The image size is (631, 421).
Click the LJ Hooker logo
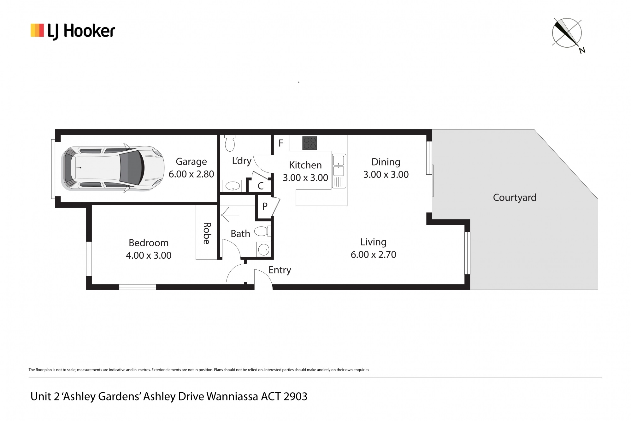point(73,31)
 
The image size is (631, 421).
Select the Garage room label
point(191,161)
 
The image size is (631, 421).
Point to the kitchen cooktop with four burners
point(310,143)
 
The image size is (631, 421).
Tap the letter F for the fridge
point(281,143)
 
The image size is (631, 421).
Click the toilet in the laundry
point(229,143)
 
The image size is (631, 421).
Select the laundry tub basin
point(232,186)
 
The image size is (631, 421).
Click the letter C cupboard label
point(260,186)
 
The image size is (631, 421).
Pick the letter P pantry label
point(265,206)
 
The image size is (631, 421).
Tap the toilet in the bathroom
point(262,231)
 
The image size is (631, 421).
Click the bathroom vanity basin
point(264,250)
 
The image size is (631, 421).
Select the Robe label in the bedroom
point(206,233)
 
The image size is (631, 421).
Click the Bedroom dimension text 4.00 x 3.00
point(149,255)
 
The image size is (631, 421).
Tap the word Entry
point(280,270)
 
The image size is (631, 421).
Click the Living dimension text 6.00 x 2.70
point(374,254)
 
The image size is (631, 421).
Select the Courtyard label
point(515,198)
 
